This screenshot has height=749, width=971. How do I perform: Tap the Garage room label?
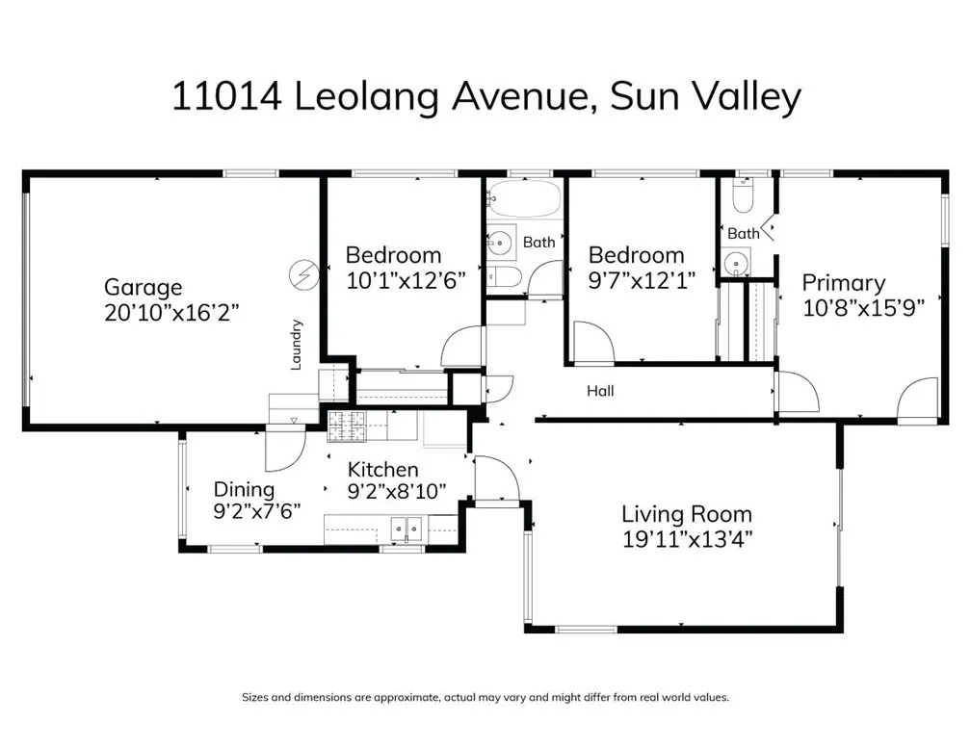tap(143, 287)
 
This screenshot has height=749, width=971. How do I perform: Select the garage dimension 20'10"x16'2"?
tap(171, 311)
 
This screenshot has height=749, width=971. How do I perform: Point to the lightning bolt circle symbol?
tap(302, 275)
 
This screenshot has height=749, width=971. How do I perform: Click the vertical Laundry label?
tap(297, 345)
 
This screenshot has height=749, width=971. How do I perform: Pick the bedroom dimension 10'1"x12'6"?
tap(406, 280)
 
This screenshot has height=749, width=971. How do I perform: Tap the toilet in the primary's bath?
tap(743, 197)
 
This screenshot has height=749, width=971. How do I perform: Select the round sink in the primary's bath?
tap(737, 261)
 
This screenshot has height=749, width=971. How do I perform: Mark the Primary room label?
tap(844, 283)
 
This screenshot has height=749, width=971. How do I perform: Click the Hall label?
tap(600, 391)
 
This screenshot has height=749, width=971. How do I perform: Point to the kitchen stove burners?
tap(348, 426)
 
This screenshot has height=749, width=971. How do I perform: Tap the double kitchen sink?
tap(407, 528)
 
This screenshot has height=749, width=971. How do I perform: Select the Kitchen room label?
tap(382, 470)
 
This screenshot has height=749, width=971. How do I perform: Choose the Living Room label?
tap(686, 514)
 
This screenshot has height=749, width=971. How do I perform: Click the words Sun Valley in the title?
tap(705, 97)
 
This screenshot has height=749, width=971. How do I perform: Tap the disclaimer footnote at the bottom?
tap(485, 697)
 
